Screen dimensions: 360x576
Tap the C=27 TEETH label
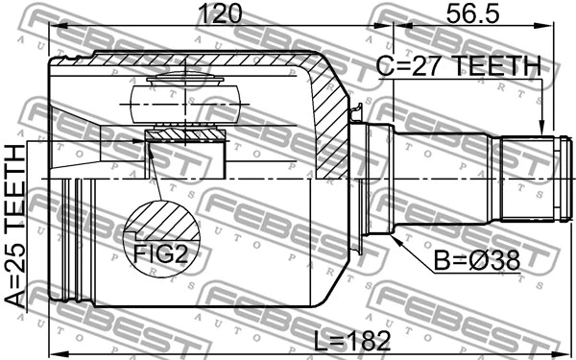coord(458,65)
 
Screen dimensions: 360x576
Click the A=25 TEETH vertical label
coord(15,226)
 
